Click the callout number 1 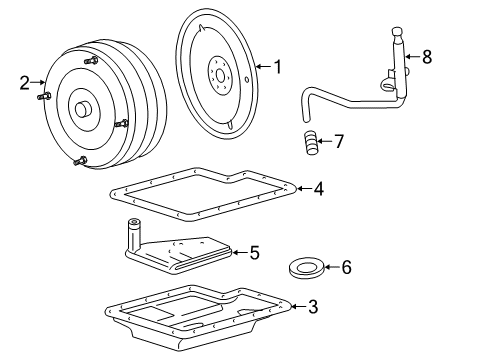pos(277,67)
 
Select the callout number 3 pos(312,307)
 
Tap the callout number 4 pos(317,187)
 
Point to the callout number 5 pos(254,253)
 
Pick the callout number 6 pos(346,267)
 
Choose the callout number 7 pos(338,143)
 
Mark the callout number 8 pos(426,57)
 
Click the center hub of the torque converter pos(79,108)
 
